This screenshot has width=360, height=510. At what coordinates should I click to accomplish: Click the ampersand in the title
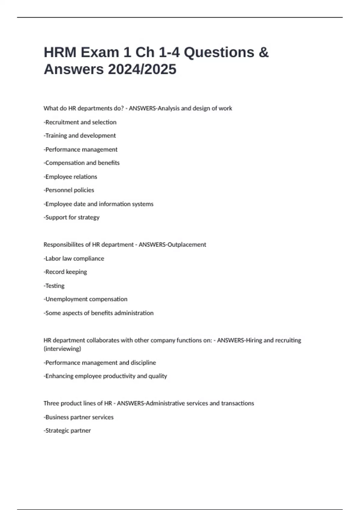(x=263, y=52)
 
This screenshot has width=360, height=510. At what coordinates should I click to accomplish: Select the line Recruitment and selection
(x=80, y=122)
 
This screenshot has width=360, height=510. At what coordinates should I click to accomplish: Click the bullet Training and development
(x=80, y=136)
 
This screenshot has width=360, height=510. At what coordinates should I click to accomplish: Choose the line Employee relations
(x=70, y=177)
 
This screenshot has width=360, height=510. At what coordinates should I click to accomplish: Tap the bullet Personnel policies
(x=69, y=190)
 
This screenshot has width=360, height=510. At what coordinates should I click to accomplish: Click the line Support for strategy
(x=72, y=217)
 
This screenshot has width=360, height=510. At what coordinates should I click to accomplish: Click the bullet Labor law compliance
(x=74, y=258)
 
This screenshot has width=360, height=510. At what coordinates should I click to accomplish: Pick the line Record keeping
(x=65, y=272)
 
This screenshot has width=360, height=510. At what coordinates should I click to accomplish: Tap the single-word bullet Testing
(x=54, y=286)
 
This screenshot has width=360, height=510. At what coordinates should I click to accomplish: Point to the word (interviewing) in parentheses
(x=62, y=349)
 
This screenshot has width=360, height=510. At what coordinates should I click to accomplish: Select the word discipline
(x=143, y=362)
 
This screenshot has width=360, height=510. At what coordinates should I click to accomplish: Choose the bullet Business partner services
(x=79, y=417)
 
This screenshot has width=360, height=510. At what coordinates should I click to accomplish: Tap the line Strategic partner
(x=67, y=430)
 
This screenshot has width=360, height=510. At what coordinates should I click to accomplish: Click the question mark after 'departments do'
(x=122, y=108)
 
